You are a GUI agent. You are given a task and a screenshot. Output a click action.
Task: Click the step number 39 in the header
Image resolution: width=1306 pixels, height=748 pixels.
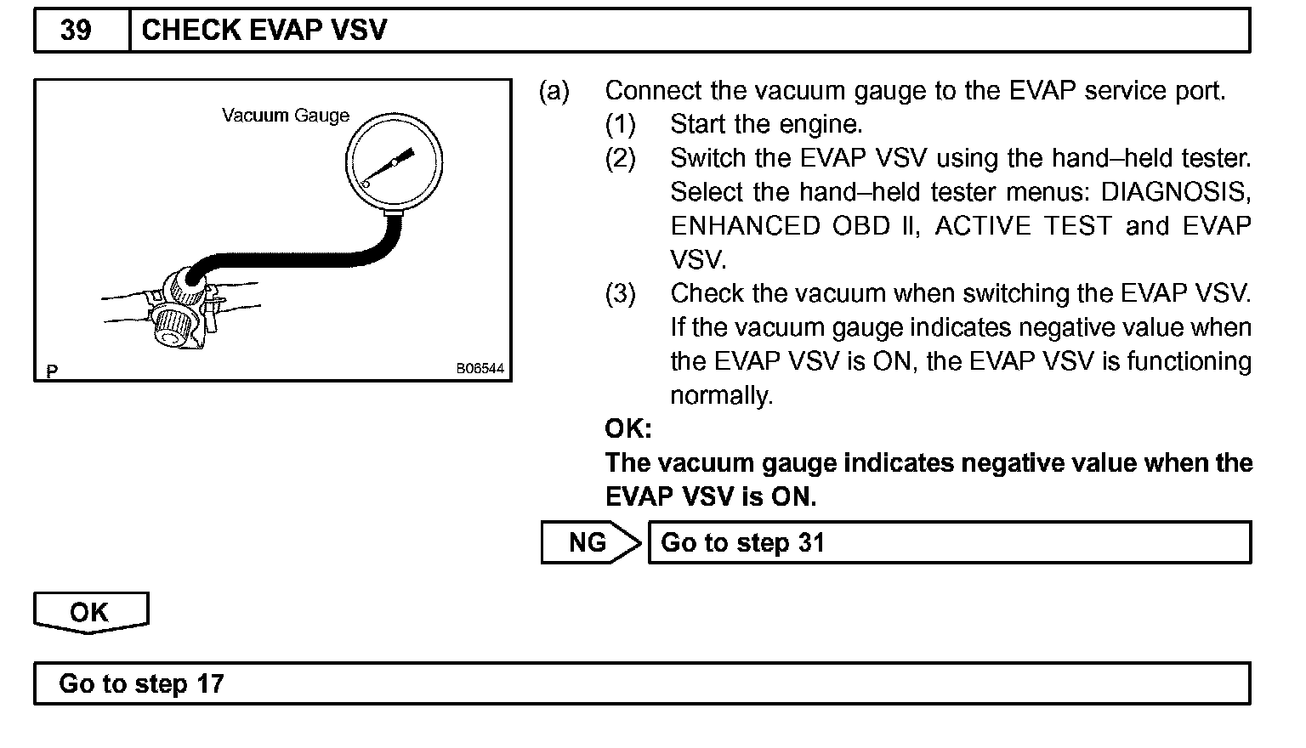(x=76, y=31)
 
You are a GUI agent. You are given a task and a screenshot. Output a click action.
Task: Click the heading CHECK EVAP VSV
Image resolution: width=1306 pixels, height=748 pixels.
(x=264, y=31)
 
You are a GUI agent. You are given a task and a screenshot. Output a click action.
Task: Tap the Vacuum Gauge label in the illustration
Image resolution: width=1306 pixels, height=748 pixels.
(x=286, y=116)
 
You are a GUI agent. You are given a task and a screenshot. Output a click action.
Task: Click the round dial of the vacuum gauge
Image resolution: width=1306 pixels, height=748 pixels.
(x=394, y=161)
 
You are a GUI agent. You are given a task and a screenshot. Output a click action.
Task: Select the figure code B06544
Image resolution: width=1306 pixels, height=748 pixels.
(x=480, y=369)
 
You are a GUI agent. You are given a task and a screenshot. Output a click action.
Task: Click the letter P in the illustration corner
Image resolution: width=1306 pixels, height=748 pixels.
(x=53, y=371)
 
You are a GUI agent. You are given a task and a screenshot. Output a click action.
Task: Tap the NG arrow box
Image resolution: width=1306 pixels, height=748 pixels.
(x=588, y=542)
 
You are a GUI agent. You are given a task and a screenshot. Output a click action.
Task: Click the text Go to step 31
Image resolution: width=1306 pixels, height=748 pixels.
(x=742, y=543)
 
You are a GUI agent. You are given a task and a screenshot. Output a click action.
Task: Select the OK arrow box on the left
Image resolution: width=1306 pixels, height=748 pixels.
(x=90, y=612)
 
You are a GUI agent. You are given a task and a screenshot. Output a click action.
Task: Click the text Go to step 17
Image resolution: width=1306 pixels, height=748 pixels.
(x=141, y=683)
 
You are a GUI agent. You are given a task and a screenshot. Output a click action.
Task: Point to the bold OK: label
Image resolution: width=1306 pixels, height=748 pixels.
(x=628, y=428)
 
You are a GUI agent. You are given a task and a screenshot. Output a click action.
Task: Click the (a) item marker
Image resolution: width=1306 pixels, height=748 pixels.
(x=554, y=91)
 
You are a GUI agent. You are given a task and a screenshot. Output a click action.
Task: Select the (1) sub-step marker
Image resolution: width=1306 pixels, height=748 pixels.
(x=620, y=125)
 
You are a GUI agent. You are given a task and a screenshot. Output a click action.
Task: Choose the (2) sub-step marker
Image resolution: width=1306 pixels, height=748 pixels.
(x=620, y=159)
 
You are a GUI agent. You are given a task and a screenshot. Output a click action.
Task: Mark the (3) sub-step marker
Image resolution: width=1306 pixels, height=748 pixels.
(x=620, y=294)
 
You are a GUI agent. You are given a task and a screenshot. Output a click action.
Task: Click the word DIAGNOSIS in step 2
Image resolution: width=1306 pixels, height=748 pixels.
(x=1176, y=192)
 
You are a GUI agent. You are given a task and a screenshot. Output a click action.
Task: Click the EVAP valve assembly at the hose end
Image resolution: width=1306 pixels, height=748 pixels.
(x=180, y=309)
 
